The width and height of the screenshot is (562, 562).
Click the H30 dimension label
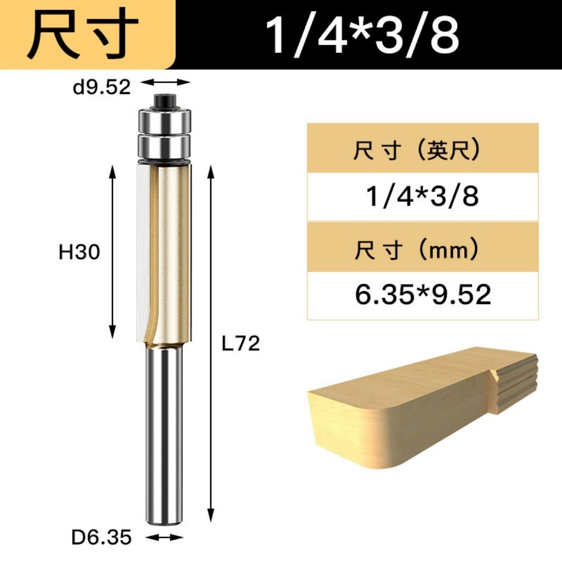80,252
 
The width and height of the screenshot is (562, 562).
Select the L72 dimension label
240,344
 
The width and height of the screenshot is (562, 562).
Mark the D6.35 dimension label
102,537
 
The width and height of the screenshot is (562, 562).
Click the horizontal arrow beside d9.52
166,83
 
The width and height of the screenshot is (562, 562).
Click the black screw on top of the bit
164,101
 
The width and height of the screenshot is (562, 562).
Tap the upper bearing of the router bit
164,120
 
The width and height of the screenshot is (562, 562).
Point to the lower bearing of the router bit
164,146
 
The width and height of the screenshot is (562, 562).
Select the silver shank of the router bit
164,434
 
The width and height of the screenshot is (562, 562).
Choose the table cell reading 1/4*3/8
422,196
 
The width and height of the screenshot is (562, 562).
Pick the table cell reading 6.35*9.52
422,295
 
